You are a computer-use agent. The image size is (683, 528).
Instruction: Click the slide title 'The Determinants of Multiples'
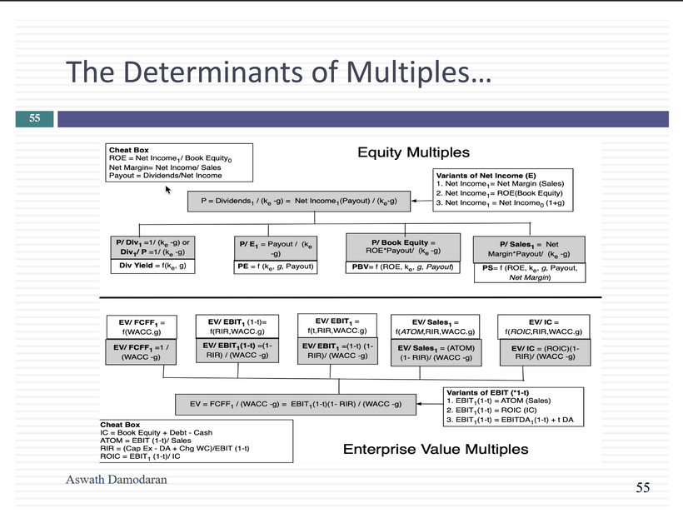(x=278, y=72)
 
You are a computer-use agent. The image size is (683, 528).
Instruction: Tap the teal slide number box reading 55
(x=35, y=118)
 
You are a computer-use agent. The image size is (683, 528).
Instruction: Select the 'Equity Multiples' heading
(x=413, y=152)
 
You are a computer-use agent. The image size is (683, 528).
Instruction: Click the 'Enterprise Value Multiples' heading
(x=436, y=450)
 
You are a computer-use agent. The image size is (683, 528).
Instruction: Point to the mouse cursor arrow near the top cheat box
(x=168, y=191)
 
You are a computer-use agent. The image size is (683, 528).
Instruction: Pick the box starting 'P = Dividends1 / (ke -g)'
(x=298, y=201)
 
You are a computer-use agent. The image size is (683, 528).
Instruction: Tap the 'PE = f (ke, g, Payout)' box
(x=276, y=266)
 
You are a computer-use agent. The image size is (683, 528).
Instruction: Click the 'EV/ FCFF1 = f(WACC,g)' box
(x=141, y=326)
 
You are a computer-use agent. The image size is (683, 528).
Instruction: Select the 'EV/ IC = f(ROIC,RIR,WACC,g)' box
(x=543, y=326)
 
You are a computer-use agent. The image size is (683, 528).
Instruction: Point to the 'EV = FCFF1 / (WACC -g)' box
(x=297, y=405)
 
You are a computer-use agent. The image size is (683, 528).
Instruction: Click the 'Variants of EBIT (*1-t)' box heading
(x=487, y=392)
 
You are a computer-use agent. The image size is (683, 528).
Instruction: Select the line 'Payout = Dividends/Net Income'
(x=166, y=176)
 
